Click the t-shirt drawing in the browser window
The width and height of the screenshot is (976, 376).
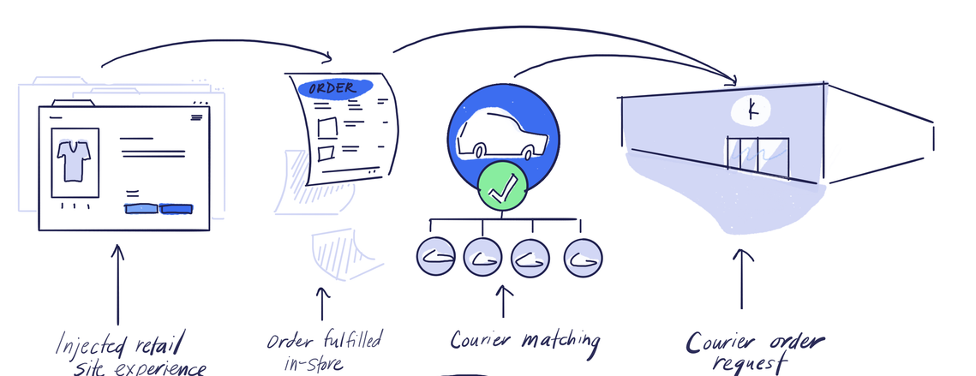tap(74, 161)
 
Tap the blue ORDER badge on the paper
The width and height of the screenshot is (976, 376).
tap(335, 88)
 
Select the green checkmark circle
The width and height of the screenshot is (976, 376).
tap(502, 187)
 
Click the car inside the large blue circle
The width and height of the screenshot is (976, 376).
tap(502, 134)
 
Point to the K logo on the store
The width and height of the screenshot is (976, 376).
tap(751, 110)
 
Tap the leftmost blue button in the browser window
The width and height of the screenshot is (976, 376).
tap(141, 208)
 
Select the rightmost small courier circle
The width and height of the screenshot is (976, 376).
tap(583, 258)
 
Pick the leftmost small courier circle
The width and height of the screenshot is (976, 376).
tap(435, 256)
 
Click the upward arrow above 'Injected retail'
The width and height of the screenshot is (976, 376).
tap(117, 283)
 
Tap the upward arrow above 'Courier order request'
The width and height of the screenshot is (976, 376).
tap(742, 278)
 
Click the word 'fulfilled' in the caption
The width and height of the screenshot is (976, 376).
tap(351, 340)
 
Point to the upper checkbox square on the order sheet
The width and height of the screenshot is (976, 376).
tap(327, 128)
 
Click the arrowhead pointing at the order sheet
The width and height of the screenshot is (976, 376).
tap(326, 58)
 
